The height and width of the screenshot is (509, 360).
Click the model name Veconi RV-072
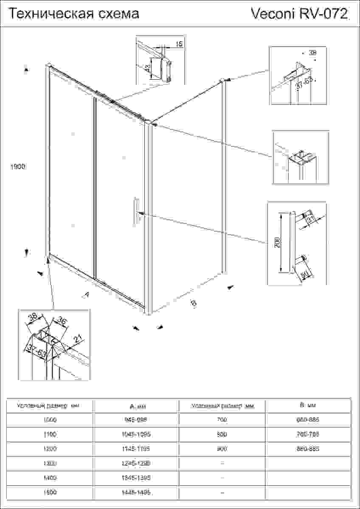coord(301,14)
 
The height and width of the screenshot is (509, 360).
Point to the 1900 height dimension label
coord(18,167)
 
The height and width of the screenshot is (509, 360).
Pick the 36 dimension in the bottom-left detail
coord(62,321)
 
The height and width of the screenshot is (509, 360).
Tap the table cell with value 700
coord(222,420)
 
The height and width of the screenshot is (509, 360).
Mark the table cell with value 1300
coord(50,463)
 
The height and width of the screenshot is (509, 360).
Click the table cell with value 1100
coord(50,434)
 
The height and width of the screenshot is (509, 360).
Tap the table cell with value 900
coord(222,449)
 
